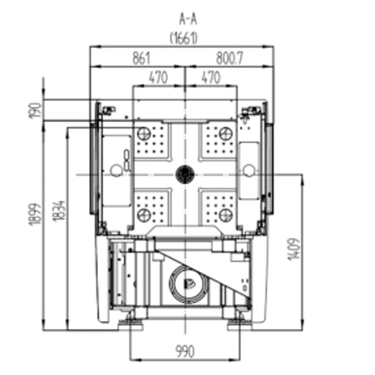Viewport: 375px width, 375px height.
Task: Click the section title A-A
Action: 188,19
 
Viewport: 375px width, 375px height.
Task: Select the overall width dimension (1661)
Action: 184,38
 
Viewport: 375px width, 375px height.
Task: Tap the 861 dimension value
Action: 141,58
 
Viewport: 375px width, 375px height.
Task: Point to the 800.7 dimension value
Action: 229,58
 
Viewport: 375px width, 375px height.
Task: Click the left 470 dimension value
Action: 158,77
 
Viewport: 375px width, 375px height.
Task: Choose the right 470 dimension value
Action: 210,77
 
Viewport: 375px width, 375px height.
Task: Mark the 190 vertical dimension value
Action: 35,110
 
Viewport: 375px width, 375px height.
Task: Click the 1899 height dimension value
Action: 35,214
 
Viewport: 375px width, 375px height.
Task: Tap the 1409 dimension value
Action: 293,249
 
